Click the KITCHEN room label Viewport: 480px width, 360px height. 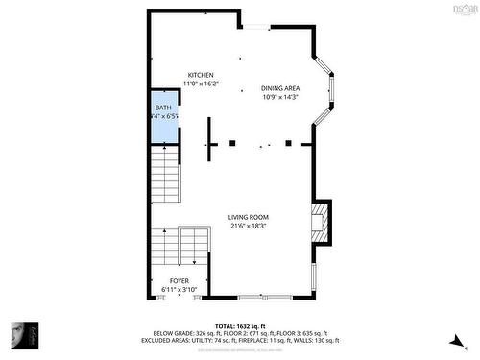(x=201, y=75)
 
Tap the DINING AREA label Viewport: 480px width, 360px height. (x=280, y=88)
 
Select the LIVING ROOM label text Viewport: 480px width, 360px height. (x=249, y=217)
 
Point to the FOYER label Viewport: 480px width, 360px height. (x=180, y=281)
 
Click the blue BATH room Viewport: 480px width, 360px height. (x=163, y=120)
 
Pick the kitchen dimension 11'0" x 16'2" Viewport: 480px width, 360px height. (x=201, y=84)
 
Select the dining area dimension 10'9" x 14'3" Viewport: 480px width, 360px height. (x=280, y=97)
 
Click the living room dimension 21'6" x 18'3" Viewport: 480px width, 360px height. (x=249, y=227)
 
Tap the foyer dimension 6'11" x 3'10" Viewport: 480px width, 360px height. (x=180, y=290)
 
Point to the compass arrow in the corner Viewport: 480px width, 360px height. (x=453, y=338)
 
